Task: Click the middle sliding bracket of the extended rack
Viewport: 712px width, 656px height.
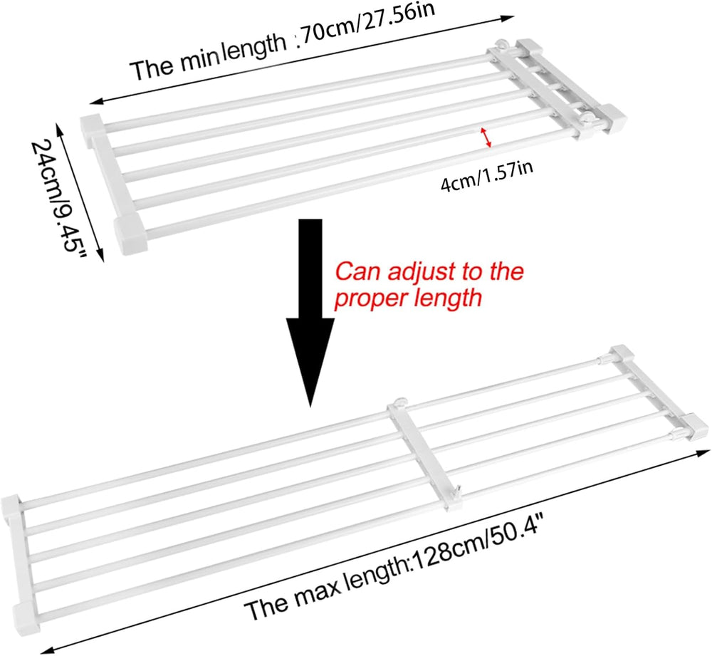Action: pos(426,456)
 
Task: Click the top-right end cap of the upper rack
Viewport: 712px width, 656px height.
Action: pos(530,48)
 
